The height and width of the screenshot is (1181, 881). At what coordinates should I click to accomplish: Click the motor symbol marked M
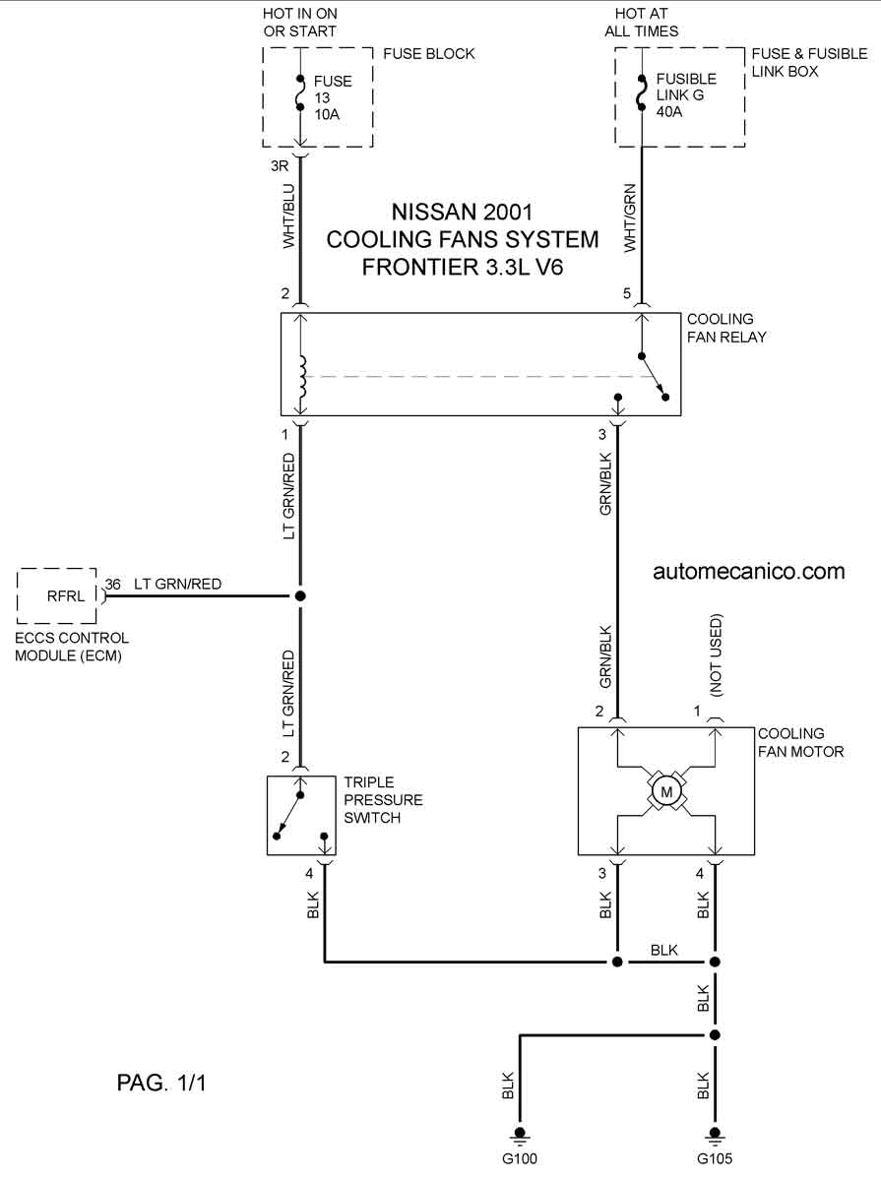click(666, 791)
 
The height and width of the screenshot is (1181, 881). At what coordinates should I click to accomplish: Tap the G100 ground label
click(520, 1158)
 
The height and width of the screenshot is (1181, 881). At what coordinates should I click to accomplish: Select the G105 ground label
click(715, 1158)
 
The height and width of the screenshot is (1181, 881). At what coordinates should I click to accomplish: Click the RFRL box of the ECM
click(57, 595)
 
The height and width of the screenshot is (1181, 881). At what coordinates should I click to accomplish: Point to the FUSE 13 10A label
click(333, 97)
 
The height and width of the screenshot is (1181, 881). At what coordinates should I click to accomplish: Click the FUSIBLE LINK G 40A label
click(686, 95)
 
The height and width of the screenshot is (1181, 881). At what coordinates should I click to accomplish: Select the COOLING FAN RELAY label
click(726, 328)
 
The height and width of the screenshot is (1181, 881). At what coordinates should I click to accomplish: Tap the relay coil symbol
click(302, 377)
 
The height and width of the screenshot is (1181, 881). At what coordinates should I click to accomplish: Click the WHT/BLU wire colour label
click(289, 217)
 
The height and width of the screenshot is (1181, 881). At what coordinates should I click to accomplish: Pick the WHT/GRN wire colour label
click(630, 218)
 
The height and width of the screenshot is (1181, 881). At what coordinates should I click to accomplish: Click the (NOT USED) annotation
click(716, 655)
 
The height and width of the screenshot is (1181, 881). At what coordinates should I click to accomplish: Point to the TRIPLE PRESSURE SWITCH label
click(383, 800)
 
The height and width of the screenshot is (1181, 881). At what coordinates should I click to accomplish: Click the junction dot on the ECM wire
click(300, 595)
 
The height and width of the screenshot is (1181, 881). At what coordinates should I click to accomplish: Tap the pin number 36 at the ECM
click(112, 584)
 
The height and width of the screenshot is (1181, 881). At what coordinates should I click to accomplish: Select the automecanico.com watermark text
click(749, 572)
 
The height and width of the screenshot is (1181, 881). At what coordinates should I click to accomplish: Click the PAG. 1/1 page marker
click(161, 1083)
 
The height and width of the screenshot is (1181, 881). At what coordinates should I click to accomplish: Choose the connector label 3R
click(280, 165)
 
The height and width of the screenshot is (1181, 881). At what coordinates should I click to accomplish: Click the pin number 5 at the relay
click(627, 293)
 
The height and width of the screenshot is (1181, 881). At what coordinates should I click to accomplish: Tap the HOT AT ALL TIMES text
click(642, 22)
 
